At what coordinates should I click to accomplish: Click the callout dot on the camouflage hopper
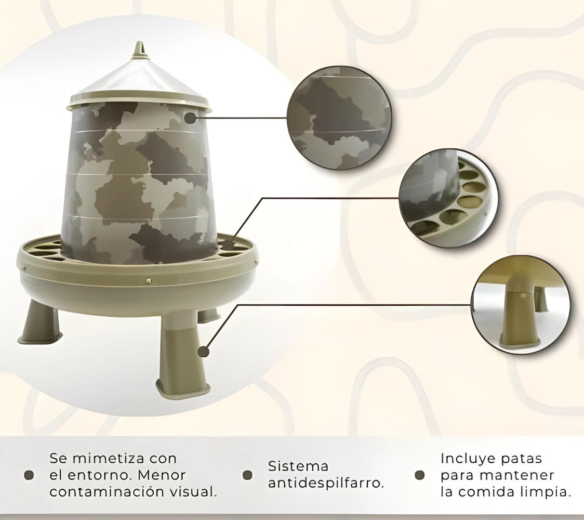pos(191,119)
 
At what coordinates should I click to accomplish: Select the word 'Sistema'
pos(298,466)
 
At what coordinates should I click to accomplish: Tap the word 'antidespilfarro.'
pos(326,483)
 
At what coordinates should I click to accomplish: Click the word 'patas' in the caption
pos(522,459)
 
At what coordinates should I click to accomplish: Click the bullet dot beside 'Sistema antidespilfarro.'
pos(248,475)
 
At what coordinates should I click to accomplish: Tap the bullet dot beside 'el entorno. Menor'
pos(30,475)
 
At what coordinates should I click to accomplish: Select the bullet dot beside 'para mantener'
pos(420,475)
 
